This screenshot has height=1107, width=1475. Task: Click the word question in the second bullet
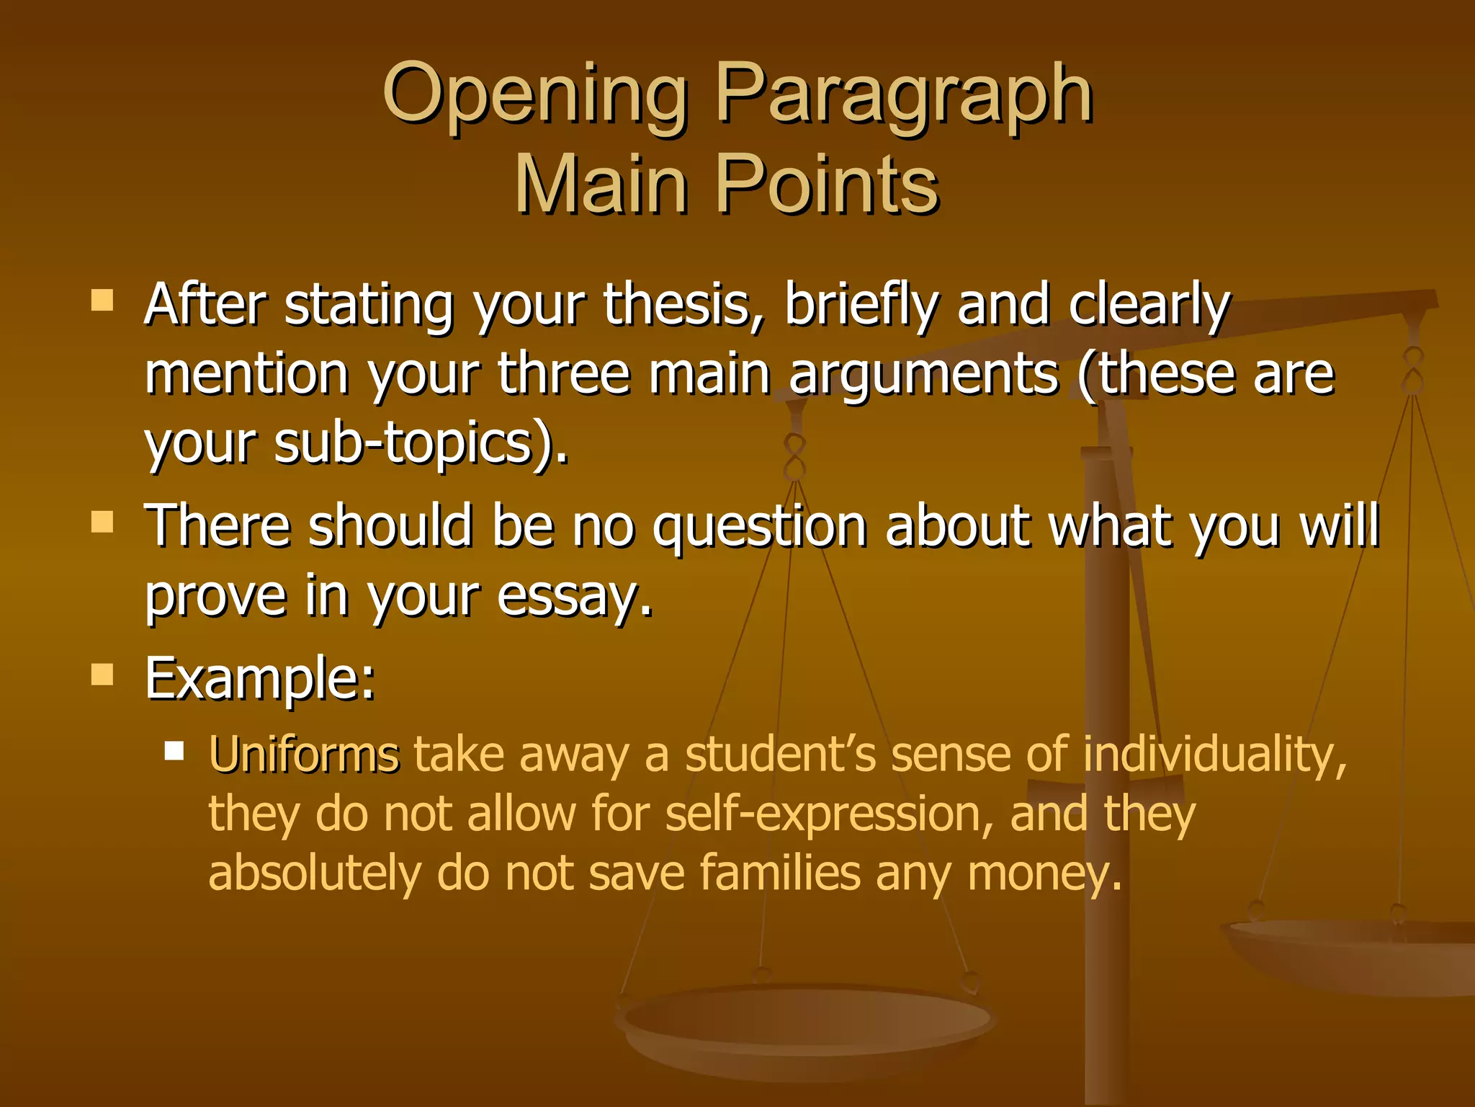[760, 525]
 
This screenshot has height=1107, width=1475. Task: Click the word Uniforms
[303, 755]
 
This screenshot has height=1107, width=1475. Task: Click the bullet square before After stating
[102, 300]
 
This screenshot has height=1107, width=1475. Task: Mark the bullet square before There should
[102, 521]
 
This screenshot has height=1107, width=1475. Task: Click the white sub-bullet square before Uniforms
[174, 752]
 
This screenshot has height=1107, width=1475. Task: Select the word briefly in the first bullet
[861, 304]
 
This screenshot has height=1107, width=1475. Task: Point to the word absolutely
[314, 873]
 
